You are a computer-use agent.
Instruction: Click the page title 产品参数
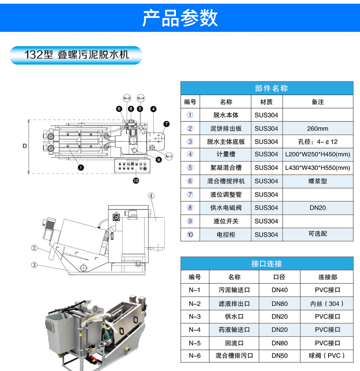click(x=180, y=18)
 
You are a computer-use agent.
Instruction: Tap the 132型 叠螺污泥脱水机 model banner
click(x=76, y=55)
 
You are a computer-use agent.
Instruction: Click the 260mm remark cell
click(x=318, y=128)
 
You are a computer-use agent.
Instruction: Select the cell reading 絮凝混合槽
click(x=226, y=168)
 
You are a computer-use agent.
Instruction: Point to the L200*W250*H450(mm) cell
click(x=318, y=154)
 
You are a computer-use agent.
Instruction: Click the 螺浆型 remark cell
click(x=318, y=181)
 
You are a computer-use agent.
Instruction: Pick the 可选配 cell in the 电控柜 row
click(x=318, y=234)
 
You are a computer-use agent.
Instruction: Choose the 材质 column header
click(x=267, y=102)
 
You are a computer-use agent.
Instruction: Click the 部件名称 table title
click(x=271, y=88)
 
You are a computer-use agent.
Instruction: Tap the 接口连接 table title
click(x=267, y=264)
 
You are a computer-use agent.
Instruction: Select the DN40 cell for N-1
click(x=279, y=290)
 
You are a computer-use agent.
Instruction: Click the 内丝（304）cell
click(x=327, y=304)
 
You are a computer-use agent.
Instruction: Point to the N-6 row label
click(x=195, y=356)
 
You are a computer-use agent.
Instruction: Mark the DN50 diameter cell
click(x=279, y=356)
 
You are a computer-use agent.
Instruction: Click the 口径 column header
click(x=279, y=277)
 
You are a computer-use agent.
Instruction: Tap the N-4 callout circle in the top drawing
click(x=141, y=98)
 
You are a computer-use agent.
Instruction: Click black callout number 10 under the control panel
click(x=136, y=181)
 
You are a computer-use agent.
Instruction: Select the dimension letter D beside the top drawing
click(x=25, y=146)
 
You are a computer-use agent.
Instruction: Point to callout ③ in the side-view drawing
click(x=34, y=265)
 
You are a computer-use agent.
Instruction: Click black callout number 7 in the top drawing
click(x=166, y=124)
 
